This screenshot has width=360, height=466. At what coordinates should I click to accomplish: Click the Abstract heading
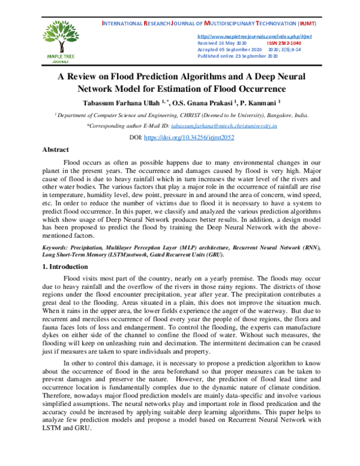tap(55, 150)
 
